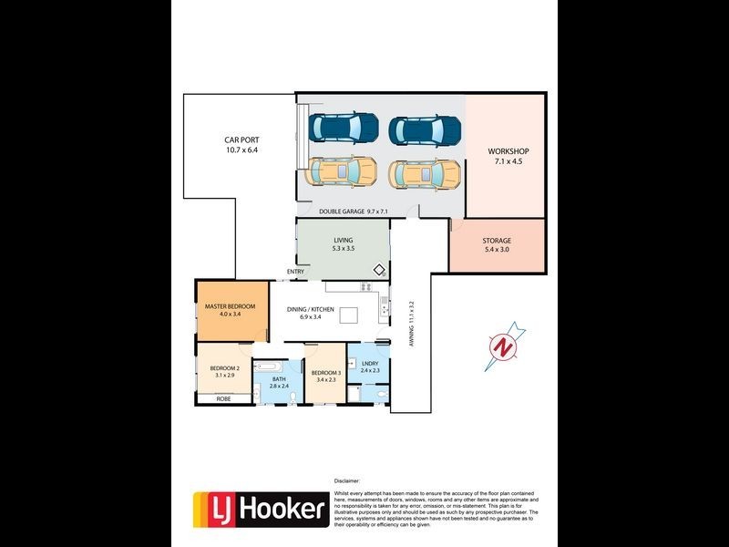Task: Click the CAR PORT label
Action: point(241,140)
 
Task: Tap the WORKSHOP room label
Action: point(508,151)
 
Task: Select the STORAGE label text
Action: point(497,241)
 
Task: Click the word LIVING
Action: point(343,240)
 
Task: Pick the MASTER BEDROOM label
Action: point(230,306)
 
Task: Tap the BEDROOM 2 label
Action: point(218,368)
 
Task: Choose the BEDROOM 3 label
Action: point(325,373)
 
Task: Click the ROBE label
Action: point(222,398)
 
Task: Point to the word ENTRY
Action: point(295,272)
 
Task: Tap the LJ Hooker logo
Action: point(261,508)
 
